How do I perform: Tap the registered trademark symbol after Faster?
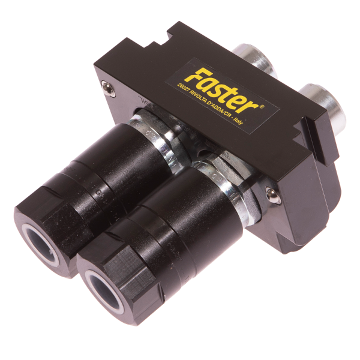point(263,106)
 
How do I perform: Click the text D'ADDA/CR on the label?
point(221,109)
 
